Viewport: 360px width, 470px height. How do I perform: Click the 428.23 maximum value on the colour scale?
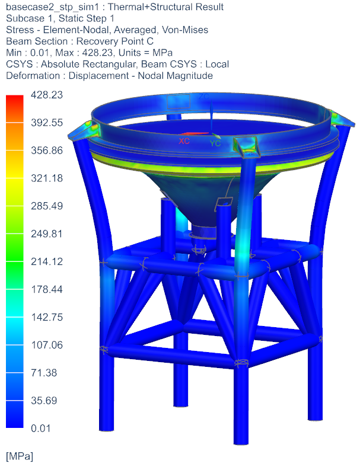tap(46, 95)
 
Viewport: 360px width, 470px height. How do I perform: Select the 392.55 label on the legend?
tap(46, 123)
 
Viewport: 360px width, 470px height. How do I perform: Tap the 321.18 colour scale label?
tap(46, 178)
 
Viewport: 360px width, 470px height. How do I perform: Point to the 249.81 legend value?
tap(46, 234)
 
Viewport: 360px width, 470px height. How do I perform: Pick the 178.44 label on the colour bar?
tap(46, 289)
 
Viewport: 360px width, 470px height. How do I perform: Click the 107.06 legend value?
tap(46, 345)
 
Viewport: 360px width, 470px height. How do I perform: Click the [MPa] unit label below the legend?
tap(20, 457)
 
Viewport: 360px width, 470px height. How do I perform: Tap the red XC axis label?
tap(184, 142)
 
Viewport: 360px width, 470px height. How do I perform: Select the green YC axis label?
tap(215, 143)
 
